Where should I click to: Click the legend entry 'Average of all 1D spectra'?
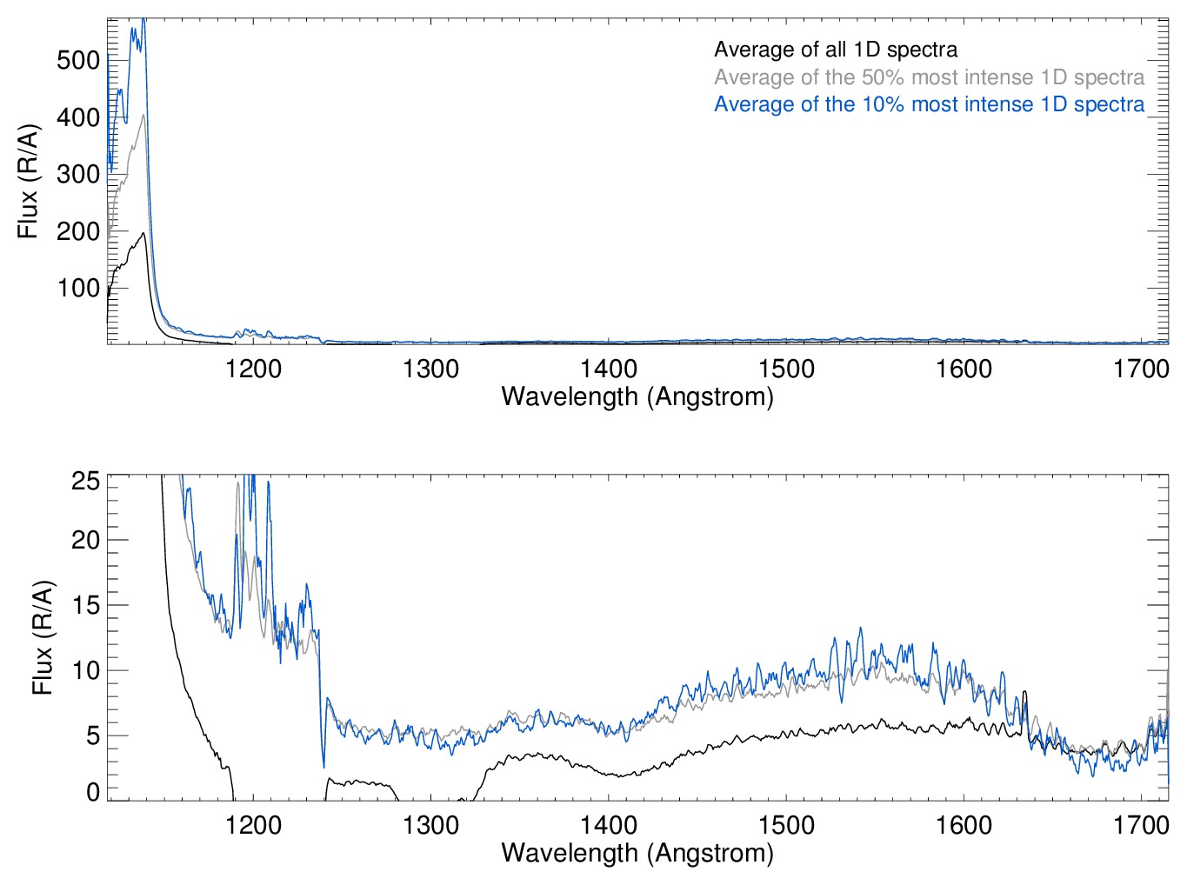836,50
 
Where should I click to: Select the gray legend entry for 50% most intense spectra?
929,77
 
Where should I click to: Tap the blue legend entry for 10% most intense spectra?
929,104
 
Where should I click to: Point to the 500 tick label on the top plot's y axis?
78,61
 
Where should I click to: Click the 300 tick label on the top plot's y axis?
78,174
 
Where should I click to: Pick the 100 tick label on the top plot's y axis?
78,289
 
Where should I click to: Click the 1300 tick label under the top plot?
430,369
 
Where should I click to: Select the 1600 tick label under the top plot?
964,369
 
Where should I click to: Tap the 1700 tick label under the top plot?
1141,369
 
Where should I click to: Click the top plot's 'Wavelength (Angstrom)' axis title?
637,397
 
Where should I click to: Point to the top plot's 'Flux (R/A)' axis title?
28,182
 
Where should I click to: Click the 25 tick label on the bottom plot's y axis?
86,481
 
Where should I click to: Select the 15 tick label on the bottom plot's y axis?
86,606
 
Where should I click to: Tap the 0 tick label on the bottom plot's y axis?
93,792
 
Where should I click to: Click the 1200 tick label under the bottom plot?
253,825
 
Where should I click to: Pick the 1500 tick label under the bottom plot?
786,825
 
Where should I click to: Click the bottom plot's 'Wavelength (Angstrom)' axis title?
637,853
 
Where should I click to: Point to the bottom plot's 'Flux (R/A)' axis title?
42,637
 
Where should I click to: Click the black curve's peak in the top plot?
143,233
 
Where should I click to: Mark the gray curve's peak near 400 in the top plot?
143,115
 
